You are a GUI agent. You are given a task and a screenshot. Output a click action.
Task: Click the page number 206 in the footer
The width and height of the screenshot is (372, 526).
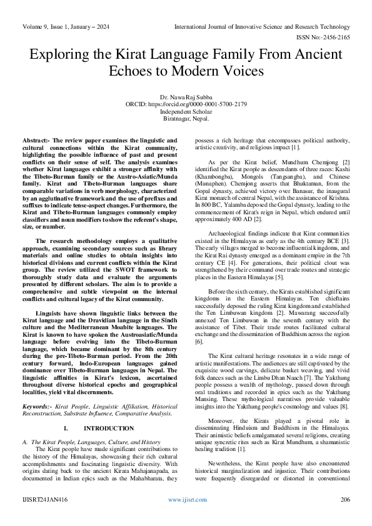click(344, 500)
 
